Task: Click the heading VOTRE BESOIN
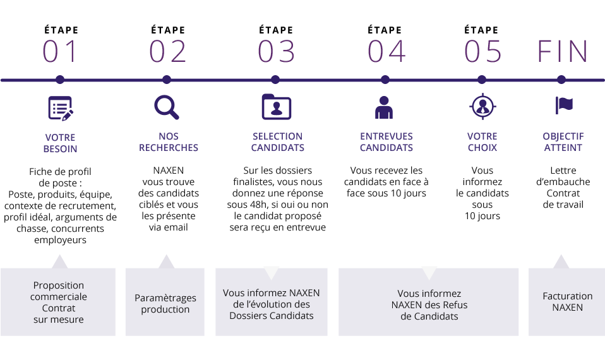(x=60, y=143)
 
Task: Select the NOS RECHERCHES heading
(x=168, y=142)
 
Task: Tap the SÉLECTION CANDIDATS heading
(x=277, y=142)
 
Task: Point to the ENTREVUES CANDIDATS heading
(x=386, y=142)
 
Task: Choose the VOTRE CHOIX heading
(x=482, y=142)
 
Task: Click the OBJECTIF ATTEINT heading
(x=563, y=142)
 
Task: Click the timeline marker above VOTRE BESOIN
(x=60, y=80)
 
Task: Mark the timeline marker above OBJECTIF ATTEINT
(x=561, y=80)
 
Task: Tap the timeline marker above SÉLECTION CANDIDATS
(x=275, y=80)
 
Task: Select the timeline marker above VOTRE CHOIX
(x=482, y=80)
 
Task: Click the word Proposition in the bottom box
(x=58, y=286)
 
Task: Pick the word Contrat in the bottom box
(x=58, y=308)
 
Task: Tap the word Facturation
(x=567, y=296)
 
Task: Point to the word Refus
(x=455, y=305)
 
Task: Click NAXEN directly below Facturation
(x=567, y=308)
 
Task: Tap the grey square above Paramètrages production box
(x=166, y=260)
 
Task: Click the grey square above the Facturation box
(x=561, y=260)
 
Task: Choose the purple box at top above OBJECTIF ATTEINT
(x=562, y=51)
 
